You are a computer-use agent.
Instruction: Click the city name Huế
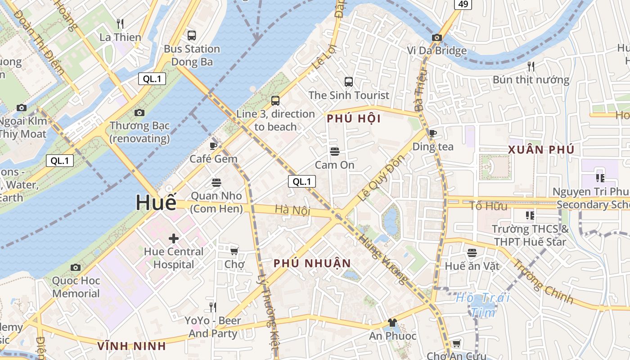point(156,202)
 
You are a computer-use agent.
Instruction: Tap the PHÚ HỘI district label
point(354,119)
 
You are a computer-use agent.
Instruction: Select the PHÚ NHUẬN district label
point(312,263)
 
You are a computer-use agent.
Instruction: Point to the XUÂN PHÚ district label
point(541,150)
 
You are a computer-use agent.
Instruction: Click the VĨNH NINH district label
point(132,346)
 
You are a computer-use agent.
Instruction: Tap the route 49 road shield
point(463,4)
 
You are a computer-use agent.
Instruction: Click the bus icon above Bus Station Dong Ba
point(192,35)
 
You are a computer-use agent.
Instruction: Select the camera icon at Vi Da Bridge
point(436,38)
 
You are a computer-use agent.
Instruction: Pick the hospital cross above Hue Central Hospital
point(174,238)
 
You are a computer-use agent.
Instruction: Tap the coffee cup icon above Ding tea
point(433,133)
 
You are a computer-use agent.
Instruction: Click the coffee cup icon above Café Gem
point(213,146)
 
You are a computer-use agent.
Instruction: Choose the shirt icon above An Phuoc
point(392,323)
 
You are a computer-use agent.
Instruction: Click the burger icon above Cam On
point(334,152)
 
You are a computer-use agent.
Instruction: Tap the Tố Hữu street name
point(488,206)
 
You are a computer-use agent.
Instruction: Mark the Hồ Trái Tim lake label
point(483,305)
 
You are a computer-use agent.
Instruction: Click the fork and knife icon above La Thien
point(120,23)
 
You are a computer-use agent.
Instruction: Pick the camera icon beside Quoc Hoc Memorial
point(76,268)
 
